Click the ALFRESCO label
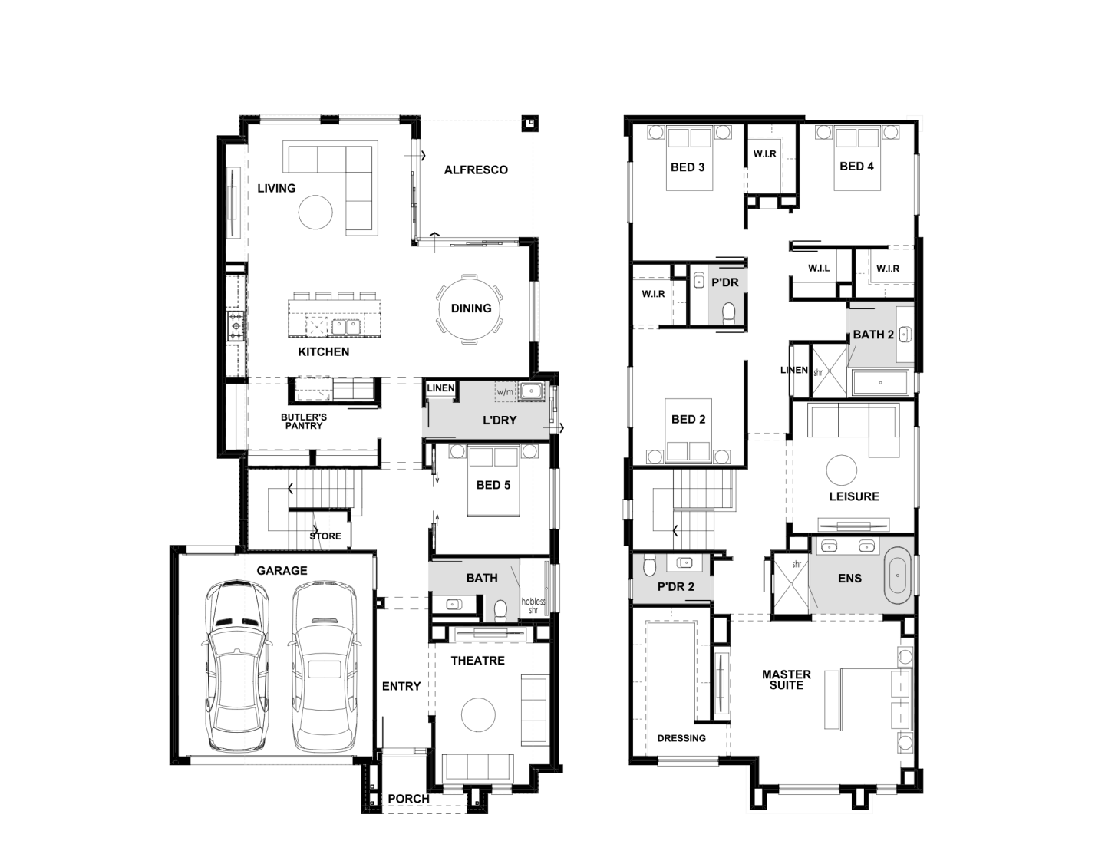click(x=476, y=170)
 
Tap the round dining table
click(x=470, y=308)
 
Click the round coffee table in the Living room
click(x=315, y=213)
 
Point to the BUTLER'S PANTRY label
click(x=303, y=421)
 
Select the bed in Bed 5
click(x=493, y=481)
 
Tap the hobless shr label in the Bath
click(x=533, y=606)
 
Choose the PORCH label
click(x=408, y=799)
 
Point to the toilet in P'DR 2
click(x=649, y=566)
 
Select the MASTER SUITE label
click(x=787, y=680)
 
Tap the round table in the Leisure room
click(x=841, y=470)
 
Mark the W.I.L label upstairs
click(x=819, y=269)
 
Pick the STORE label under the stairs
click(x=325, y=536)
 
